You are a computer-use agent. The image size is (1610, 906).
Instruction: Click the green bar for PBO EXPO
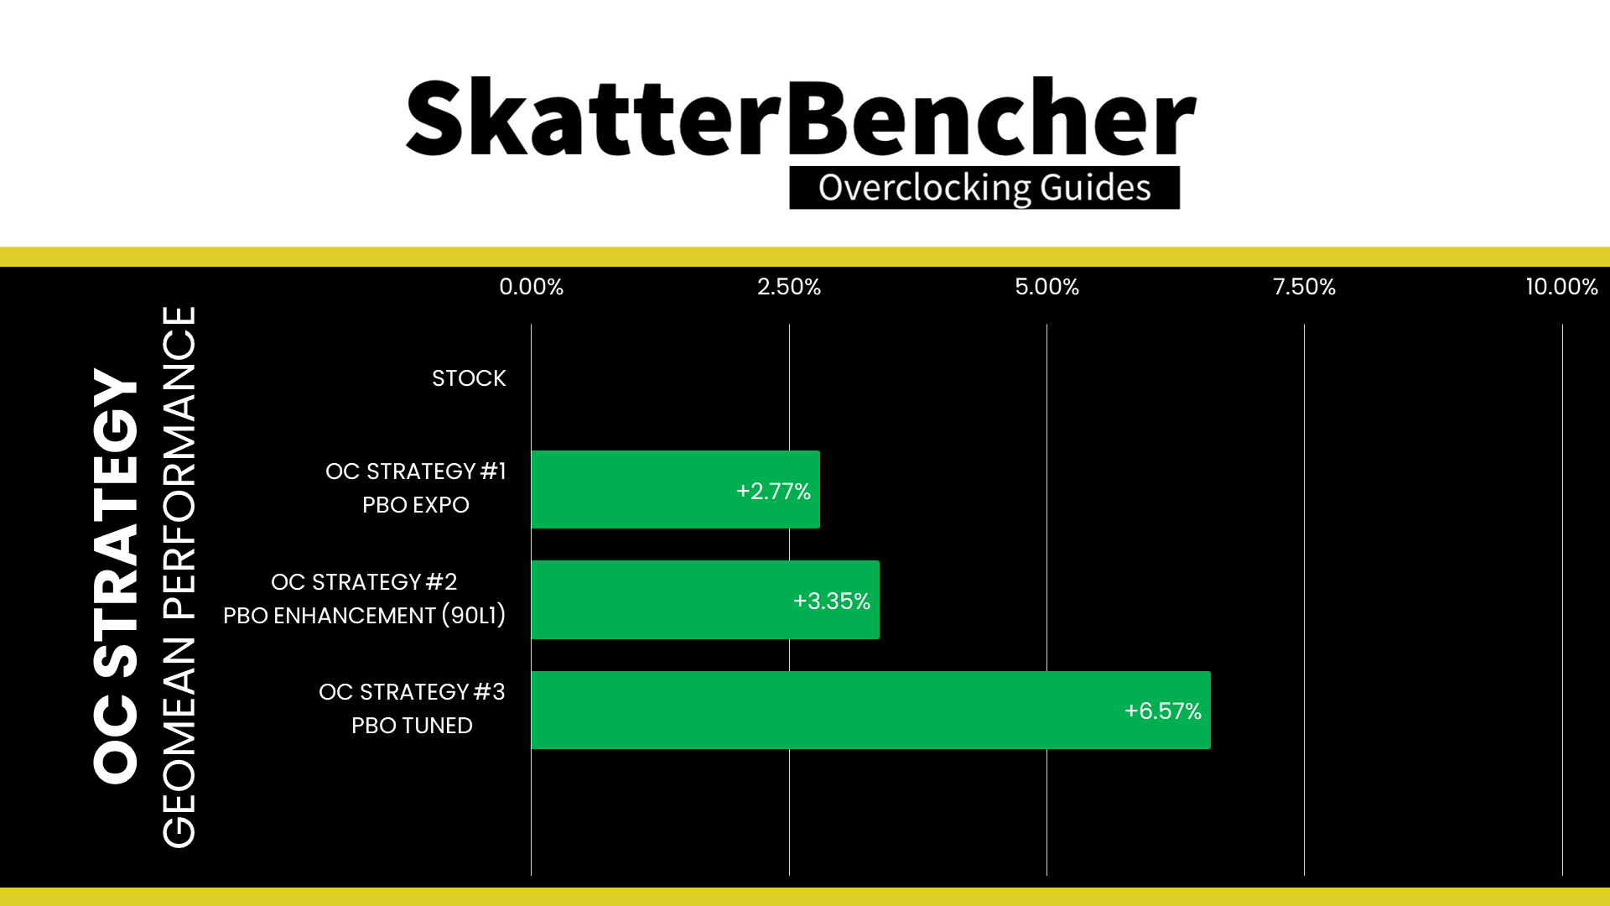pyautogui.click(x=675, y=490)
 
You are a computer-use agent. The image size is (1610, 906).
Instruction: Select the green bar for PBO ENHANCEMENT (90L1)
pyautogui.click(x=705, y=600)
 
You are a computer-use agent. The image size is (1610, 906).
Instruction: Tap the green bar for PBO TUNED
pyautogui.click(x=870, y=711)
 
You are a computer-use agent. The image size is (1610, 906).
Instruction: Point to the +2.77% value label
pyautogui.click(x=773, y=491)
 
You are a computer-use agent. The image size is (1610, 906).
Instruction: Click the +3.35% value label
pyautogui.click(x=832, y=601)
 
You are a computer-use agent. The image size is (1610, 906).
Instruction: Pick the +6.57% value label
pyautogui.click(x=1163, y=711)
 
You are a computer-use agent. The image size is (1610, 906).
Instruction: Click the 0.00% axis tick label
pyautogui.click(x=532, y=287)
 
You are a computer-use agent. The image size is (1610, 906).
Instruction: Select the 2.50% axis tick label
pyautogui.click(x=789, y=287)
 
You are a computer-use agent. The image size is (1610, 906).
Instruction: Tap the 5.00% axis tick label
pyautogui.click(x=1047, y=287)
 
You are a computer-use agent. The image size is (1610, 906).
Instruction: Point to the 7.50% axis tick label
pyautogui.click(x=1305, y=287)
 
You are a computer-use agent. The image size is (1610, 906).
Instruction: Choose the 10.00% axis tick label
pyautogui.click(x=1562, y=287)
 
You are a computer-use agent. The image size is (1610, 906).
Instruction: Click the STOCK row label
pyautogui.click(x=469, y=378)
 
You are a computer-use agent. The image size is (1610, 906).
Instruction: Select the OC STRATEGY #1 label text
pyautogui.click(x=416, y=471)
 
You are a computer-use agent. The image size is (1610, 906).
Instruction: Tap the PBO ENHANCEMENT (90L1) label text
pyautogui.click(x=365, y=616)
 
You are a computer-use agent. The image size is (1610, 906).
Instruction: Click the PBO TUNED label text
pyautogui.click(x=412, y=726)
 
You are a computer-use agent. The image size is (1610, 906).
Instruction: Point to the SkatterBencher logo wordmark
pyautogui.click(x=801, y=117)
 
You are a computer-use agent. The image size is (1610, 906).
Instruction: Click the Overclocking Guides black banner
pyautogui.click(x=984, y=188)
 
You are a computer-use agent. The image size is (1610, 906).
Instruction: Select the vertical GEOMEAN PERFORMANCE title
pyautogui.click(x=179, y=576)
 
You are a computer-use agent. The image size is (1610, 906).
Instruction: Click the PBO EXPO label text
pyautogui.click(x=416, y=505)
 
